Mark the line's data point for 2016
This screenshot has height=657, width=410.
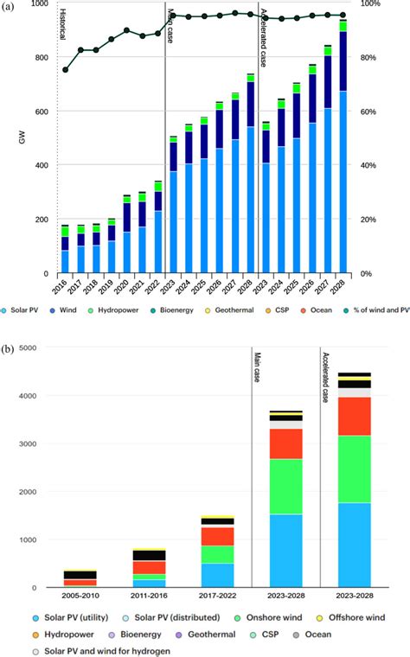click(66, 70)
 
